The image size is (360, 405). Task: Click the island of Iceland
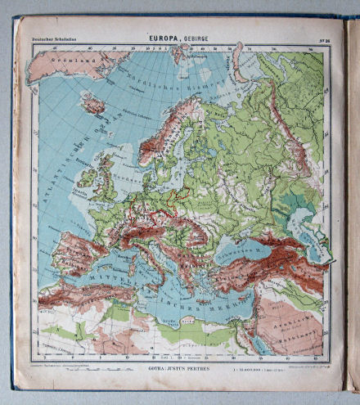(x=96, y=105)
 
